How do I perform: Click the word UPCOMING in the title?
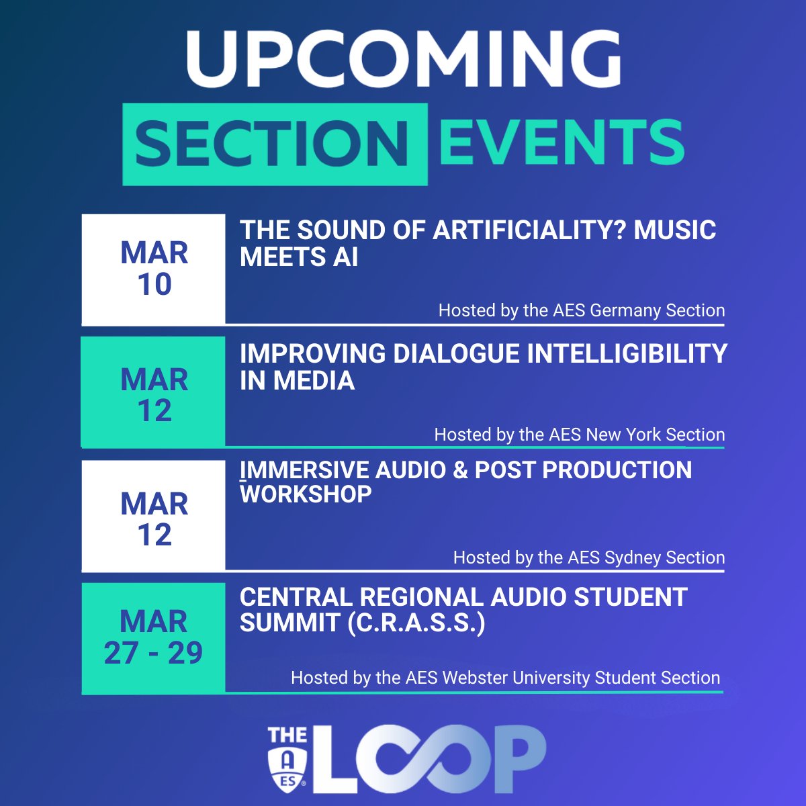click(x=403, y=57)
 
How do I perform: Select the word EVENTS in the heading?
click(x=562, y=142)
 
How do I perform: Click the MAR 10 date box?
click(x=154, y=269)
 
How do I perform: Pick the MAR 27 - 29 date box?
click(x=154, y=637)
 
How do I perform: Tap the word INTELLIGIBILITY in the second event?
click(x=627, y=354)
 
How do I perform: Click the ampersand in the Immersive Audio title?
click(x=460, y=470)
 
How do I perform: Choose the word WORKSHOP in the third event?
click(x=306, y=494)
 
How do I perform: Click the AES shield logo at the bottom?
click(x=287, y=766)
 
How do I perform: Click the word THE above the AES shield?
click(x=287, y=735)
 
